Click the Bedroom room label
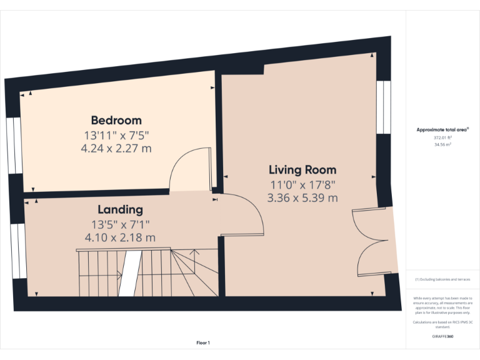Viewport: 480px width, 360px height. point(116,120)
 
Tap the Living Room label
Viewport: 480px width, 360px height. point(302,169)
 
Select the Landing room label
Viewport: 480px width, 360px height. point(120,209)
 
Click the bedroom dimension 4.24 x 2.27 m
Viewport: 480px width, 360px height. point(116,149)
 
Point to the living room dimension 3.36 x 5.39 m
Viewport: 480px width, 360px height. point(302,198)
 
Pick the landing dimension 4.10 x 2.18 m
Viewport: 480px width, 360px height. point(120,237)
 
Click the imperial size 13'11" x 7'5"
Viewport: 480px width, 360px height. point(116,135)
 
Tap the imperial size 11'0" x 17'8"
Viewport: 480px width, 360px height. point(302,184)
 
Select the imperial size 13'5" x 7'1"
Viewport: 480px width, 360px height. point(120,224)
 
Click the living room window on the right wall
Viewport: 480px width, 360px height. point(384,107)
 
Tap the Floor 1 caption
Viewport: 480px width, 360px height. point(203,342)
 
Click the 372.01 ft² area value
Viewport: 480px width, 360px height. point(442,137)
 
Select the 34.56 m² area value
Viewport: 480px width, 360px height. point(442,144)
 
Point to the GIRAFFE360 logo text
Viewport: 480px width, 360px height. point(442,337)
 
